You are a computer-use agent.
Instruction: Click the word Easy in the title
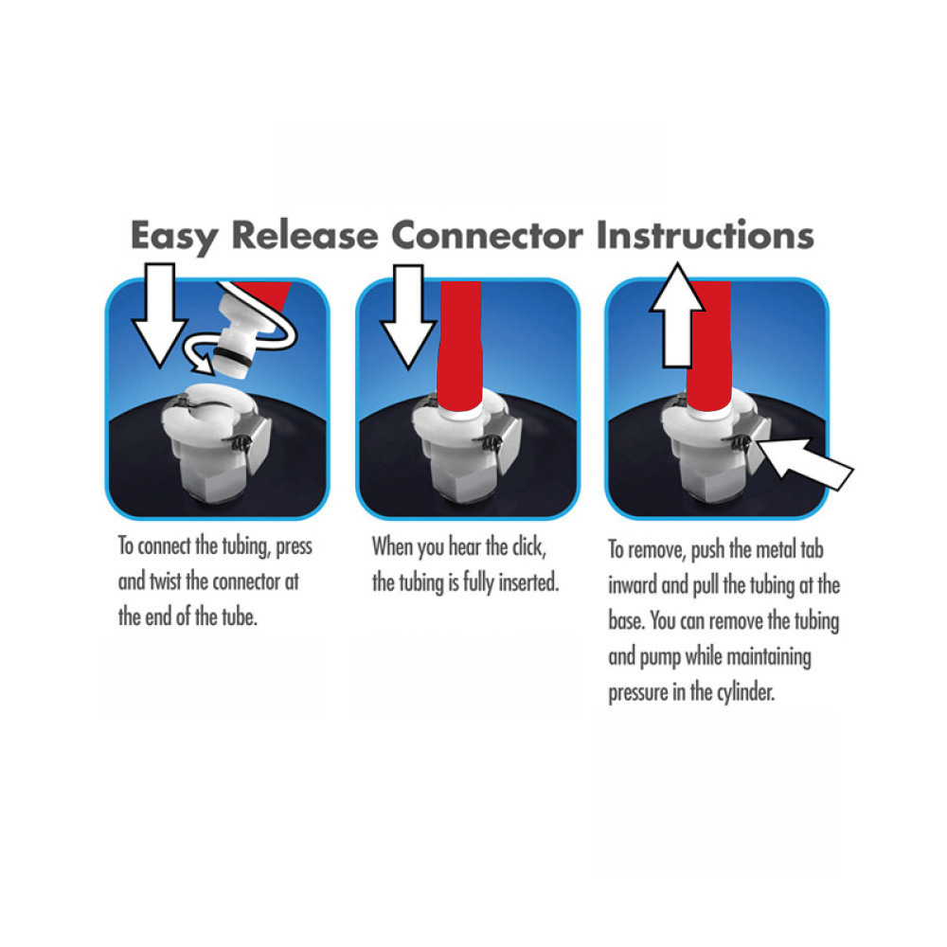[x=174, y=237]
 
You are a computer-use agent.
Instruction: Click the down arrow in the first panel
[x=160, y=314]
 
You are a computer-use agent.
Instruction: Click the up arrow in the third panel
[x=678, y=315]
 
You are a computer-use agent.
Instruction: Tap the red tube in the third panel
[x=709, y=346]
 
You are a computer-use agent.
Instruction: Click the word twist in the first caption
[x=165, y=581]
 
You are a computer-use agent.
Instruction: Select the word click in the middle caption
[x=529, y=546]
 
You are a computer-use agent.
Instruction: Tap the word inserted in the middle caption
[x=528, y=582]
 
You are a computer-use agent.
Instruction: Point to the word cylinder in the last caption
[x=746, y=692]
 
